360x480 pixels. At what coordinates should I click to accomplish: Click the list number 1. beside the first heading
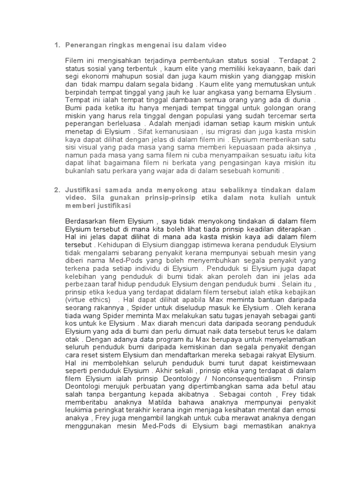pyautogui.click(x=57, y=45)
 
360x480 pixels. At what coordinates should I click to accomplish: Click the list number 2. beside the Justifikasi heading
pyautogui.click(x=57, y=189)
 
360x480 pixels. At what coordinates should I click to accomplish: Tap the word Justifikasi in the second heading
pyautogui.click(x=85, y=189)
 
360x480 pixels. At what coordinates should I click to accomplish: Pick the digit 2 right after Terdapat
pyautogui.click(x=314, y=61)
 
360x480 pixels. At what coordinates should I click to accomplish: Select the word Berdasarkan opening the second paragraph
pyautogui.click(x=88, y=221)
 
